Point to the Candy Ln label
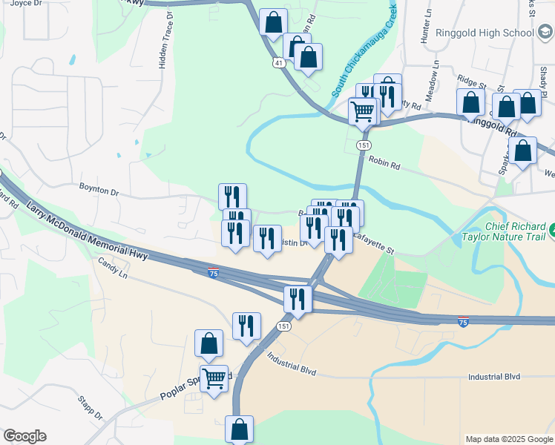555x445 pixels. (x=113, y=268)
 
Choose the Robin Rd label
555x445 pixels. (x=384, y=162)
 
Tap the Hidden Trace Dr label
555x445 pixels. (x=164, y=41)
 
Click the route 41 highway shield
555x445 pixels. (x=278, y=64)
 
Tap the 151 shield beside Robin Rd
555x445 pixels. (x=363, y=146)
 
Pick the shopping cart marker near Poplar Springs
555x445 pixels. (x=214, y=379)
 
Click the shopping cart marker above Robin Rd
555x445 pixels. (x=362, y=113)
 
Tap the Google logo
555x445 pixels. (x=24, y=436)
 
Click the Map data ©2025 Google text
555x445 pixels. (x=509, y=439)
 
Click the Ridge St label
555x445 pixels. (x=471, y=80)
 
